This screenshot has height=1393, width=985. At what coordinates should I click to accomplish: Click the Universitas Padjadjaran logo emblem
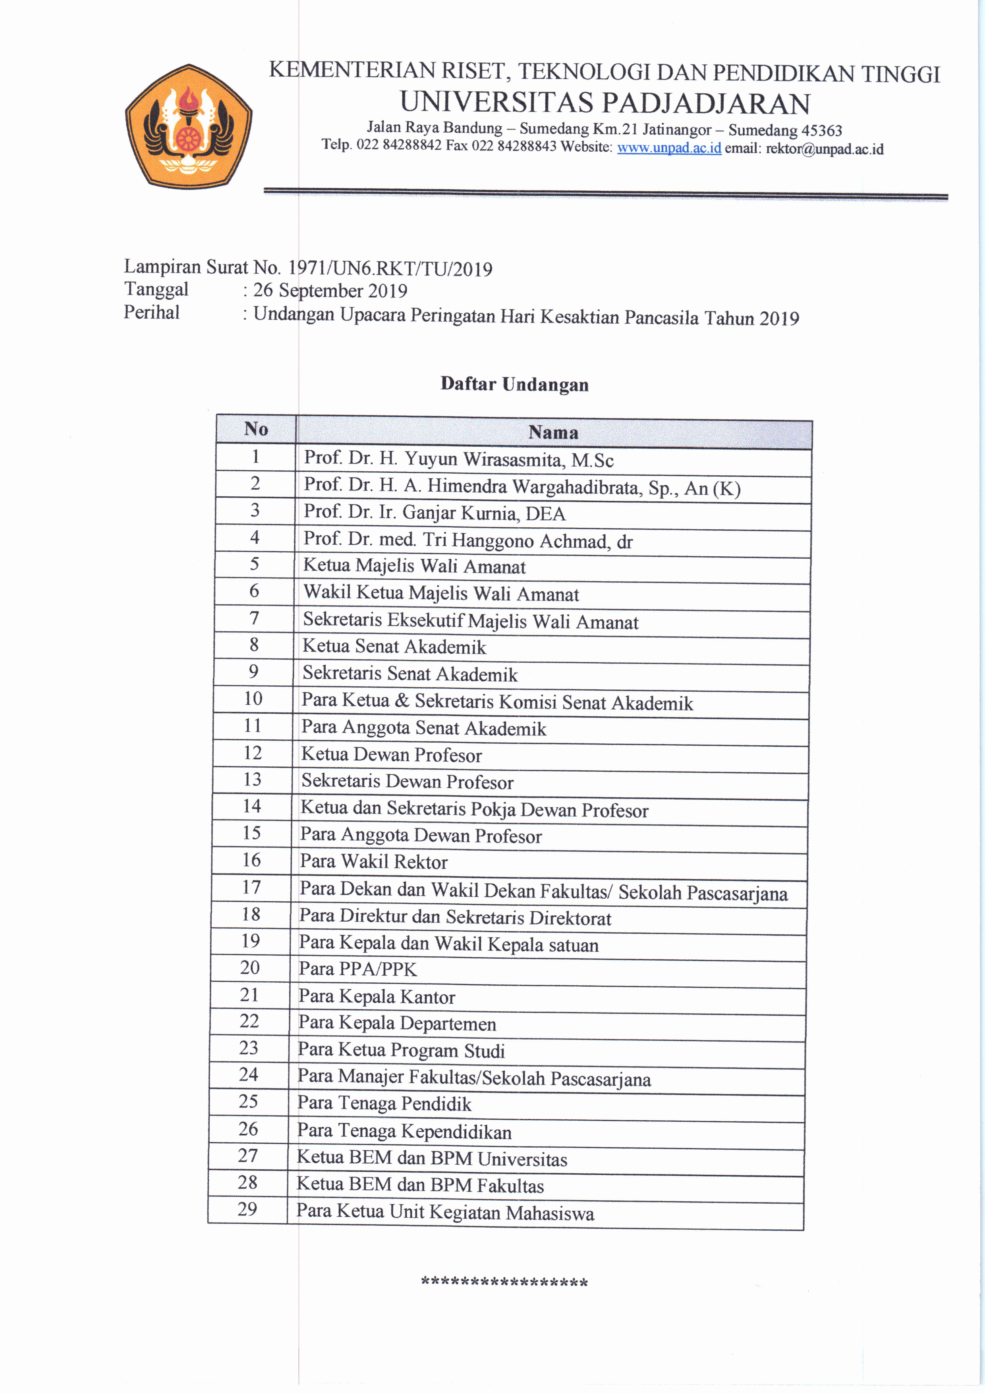point(188,126)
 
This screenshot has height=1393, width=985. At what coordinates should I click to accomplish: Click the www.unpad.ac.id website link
point(669,147)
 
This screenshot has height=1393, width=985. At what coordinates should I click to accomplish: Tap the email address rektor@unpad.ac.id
point(824,149)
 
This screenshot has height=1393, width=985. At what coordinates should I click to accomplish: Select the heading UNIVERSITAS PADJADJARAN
point(605,103)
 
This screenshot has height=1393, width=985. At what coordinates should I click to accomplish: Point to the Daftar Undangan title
point(514,384)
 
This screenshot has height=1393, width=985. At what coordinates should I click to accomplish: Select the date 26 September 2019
point(330,291)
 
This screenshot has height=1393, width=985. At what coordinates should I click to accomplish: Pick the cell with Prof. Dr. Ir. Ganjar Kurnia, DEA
point(434,513)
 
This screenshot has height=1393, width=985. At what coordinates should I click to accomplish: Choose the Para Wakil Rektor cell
point(373,862)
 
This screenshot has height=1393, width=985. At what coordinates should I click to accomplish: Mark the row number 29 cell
point(247,1209)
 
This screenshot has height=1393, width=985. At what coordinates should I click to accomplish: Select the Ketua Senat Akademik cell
point(394,647)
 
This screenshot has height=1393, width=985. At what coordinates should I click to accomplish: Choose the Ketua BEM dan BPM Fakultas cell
point(420,1185)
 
